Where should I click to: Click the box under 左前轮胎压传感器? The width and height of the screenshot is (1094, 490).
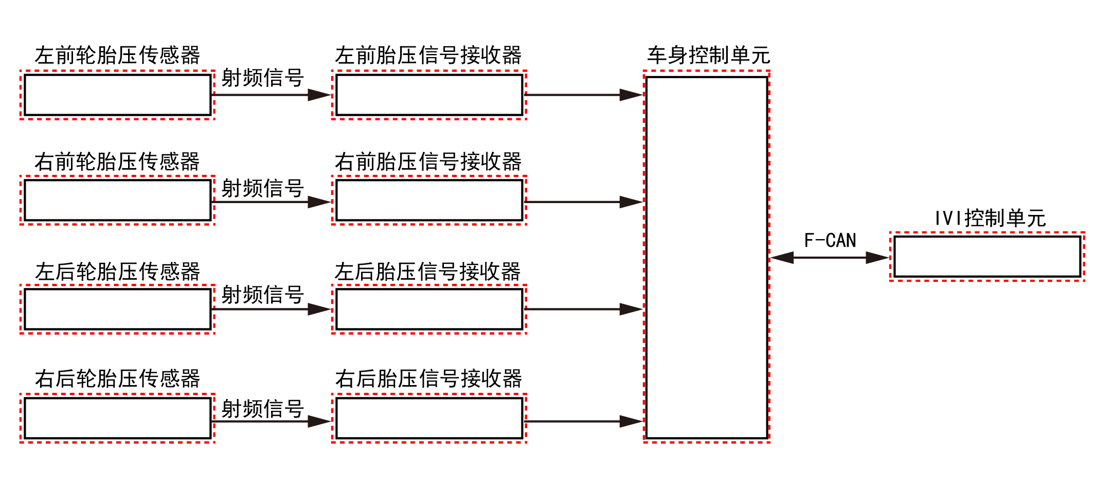pos(117,95)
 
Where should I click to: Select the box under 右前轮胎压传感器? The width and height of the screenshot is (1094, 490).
pos(117,201)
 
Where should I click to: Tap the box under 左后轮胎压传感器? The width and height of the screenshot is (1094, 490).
pos(117,309)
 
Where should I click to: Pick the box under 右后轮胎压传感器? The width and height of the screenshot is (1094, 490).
pos(117,419)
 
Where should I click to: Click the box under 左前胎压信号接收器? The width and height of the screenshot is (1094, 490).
pos(429,95)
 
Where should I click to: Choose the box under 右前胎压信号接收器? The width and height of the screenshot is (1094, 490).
pos(429,201)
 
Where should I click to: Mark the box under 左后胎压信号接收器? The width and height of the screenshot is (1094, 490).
pos(429,309)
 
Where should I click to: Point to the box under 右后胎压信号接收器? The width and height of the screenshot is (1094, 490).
pos(429,419)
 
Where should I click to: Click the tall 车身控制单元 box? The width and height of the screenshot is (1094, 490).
pos(707,257)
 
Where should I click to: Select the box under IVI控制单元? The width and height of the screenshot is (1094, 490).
pos(987,257)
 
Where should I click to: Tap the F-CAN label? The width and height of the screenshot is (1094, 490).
pos(830,240)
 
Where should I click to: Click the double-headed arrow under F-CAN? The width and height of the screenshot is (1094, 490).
pos(830,257)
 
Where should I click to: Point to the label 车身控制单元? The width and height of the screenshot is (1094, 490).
pos(708,55)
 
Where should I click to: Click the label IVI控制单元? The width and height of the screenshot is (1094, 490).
pos(990,218)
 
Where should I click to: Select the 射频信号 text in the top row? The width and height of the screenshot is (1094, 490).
pos(262,78)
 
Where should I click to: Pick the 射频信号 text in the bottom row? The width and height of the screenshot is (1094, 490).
pos(262,409)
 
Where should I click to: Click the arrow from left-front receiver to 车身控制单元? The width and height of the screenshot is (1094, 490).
pos(583,95)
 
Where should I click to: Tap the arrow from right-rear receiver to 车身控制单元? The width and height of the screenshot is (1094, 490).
pos(583,422)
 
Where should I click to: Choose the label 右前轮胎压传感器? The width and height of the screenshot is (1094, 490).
pos(117,161)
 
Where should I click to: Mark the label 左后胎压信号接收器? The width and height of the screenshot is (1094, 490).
pos(427,271)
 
